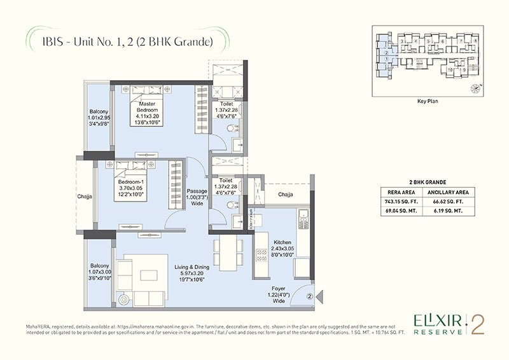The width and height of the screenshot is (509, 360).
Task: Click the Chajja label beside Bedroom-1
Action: pos(87,197)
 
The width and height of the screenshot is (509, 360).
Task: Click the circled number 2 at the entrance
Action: pos(309,295)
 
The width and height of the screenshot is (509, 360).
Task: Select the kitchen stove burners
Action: pos(261,254)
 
